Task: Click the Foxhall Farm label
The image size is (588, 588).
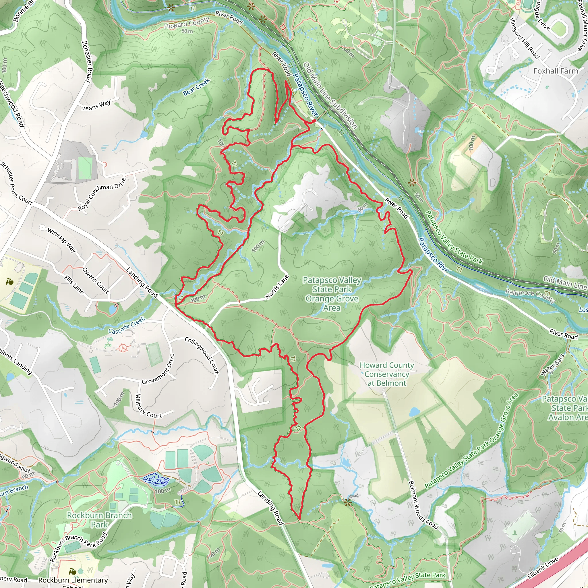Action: click(x=556, y=71)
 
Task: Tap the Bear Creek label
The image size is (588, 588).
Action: click(x=196, y=87)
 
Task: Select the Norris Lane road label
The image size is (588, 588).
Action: click(x=277, y=287)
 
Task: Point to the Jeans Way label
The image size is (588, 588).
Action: click(x=96, y=105)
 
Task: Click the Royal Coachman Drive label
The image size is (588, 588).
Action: click(x=102, y=194)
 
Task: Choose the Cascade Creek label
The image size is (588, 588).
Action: click(x=127, y=326)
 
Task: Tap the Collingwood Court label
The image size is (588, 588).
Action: click(x=202, y=355)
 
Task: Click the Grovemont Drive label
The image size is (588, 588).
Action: click(x=158, y=369)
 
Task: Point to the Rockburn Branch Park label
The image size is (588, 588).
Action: click(x=99, y=520)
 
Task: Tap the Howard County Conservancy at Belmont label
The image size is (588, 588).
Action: click(x=386, y=374)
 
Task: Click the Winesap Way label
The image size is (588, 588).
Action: click(x=61, y=240)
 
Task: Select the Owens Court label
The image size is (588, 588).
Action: click(x=96, y=280)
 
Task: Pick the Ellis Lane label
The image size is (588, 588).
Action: click(x=74, y=285)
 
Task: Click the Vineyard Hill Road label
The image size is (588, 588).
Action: click(x=524, y=38)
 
